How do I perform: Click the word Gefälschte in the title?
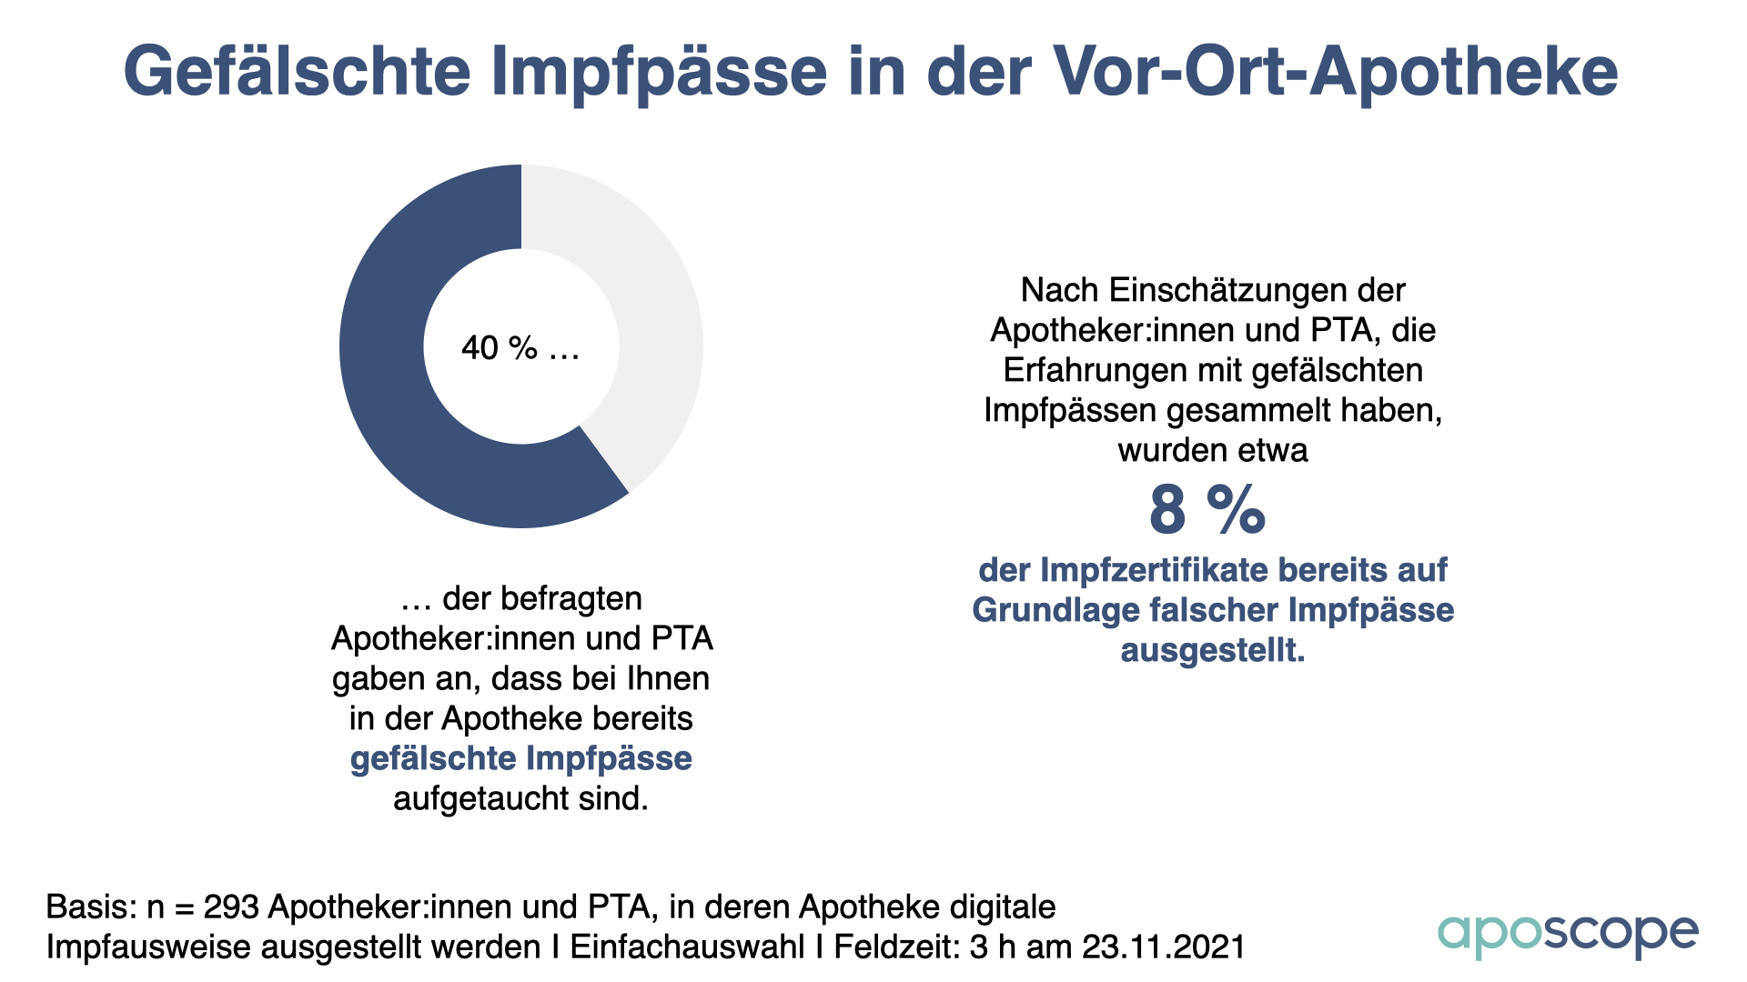click(297, 71)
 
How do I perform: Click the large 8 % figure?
click(1207, 510)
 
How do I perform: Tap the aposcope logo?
click(1568, 934)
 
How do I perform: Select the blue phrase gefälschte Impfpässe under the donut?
click(521, 758)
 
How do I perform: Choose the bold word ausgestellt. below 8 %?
click(1212, 650)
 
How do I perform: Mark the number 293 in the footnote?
click(231, 907)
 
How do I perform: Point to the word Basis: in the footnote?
click(92, 907)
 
